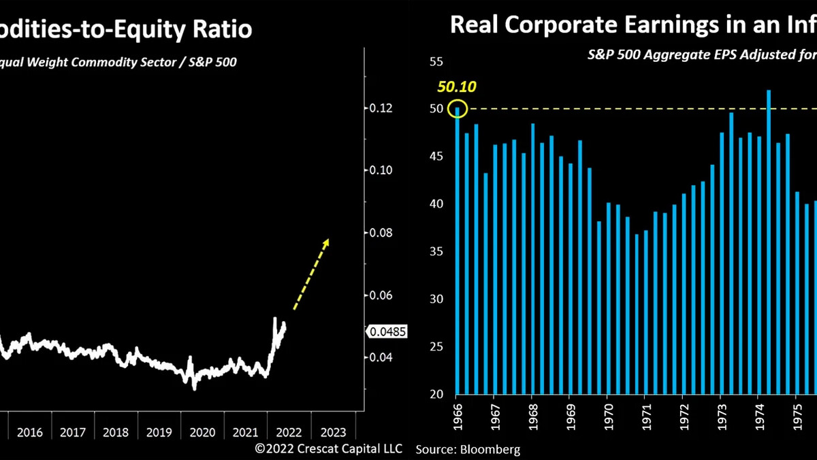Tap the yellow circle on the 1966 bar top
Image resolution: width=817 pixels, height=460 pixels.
[x=457, y=109]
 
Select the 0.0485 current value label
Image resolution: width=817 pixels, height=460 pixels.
[x=389, y=331]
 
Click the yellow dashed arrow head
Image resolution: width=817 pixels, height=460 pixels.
[x=327, y=241]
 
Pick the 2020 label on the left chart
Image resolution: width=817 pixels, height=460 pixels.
[x=202, y=432]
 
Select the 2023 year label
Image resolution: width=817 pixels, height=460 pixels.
[x=333, y=432]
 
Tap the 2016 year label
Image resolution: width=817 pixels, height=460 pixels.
[x=29, y=432]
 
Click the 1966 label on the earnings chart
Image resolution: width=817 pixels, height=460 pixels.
[x=457, y=416]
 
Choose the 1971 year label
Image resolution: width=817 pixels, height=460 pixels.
[x=644, y=416]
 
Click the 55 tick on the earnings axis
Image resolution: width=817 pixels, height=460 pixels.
[x=435, y=62]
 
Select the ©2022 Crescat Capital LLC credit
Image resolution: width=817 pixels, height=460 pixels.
[x=329, y=448]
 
